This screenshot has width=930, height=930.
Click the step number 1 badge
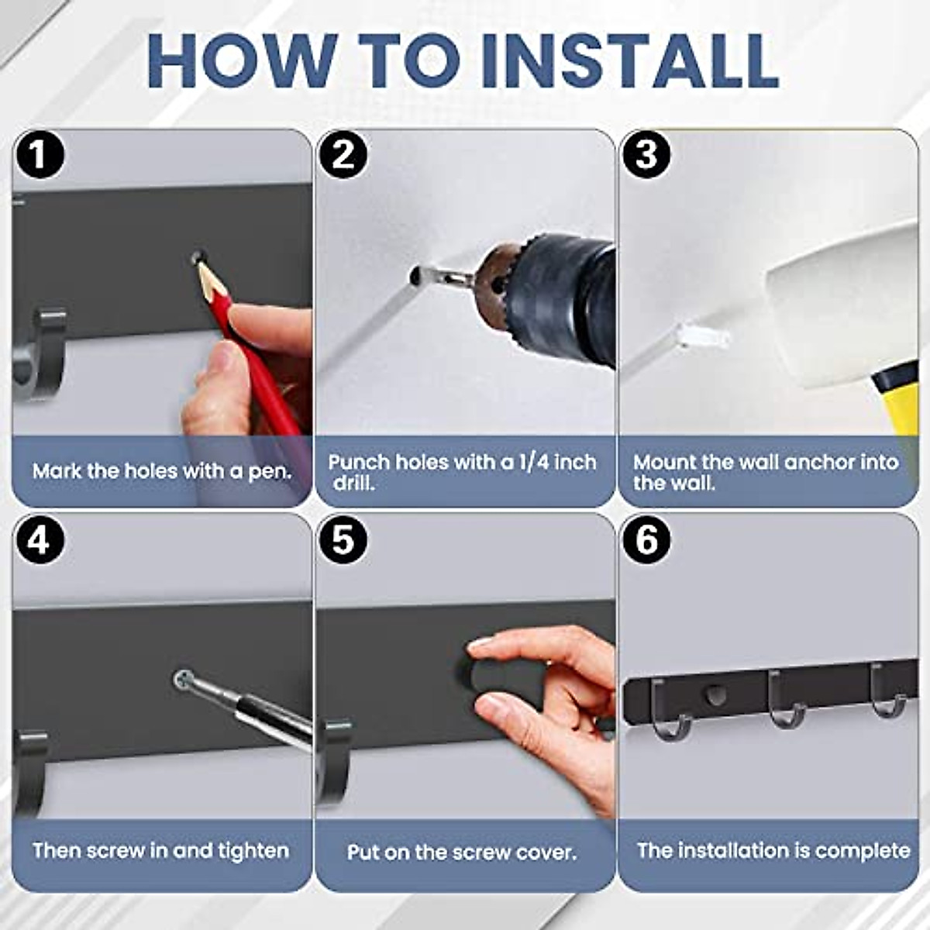40,156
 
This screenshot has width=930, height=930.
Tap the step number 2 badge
343,156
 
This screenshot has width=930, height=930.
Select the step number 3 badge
646,156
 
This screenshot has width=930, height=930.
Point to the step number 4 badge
40,540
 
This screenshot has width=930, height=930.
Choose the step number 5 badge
343,540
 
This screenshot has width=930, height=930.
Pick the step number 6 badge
646,540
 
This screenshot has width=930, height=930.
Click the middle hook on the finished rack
786,701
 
